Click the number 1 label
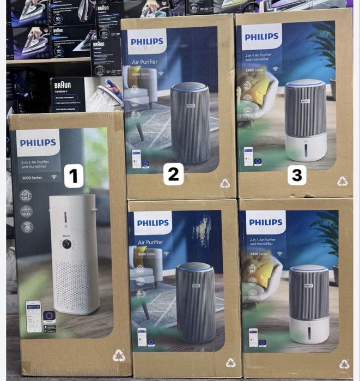click(x=74, y=177)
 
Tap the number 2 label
click(x=173, y=174)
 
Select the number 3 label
click(x=297, y=175)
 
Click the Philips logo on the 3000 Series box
click(x=38, y=143)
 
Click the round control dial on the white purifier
click(x=66, y=244)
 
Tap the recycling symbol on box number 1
click(x=118, y=356)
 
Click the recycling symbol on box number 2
click(x=225, y=184)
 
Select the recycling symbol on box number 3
click(x=342, y=181)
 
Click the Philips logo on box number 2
click(x=147, y=41)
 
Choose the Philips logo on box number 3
click(x=261, y=37)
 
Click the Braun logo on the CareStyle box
click(x=63, y=86)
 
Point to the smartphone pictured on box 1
click(x=34, y=315)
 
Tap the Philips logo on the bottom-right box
click(x=265, y=222)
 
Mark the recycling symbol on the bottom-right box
click(x=344, y=364)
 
